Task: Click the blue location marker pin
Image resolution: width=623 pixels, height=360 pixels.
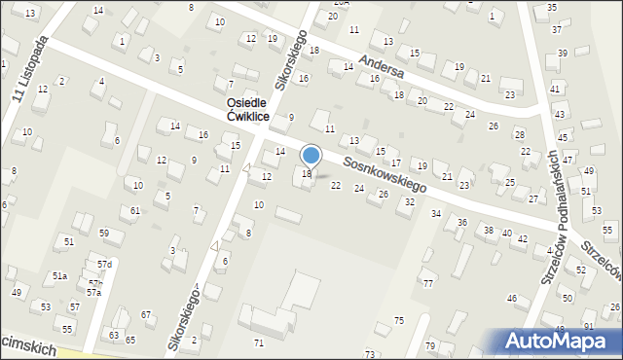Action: (311, 155)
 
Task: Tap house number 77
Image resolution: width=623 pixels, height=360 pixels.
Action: (427, 283)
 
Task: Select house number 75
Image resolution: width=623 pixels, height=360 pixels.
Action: (398, 321)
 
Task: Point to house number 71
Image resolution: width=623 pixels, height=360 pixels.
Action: (258, 343)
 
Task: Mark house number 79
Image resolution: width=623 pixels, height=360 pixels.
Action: (429, 346)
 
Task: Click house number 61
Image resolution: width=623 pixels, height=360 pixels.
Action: (135, 211)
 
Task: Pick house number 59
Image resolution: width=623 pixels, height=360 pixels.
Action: (104, 234)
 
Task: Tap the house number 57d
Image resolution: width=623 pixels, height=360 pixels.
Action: (104, 265)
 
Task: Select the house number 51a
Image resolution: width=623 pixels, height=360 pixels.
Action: (59, 276)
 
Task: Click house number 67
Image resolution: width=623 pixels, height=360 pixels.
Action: (146, 314)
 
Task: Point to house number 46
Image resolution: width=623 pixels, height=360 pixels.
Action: (511, 298)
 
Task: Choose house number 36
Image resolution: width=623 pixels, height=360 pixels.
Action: (462, 223)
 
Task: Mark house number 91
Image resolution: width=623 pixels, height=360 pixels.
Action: (588, 325)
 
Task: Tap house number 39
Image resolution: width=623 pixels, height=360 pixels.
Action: (562, 54)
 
